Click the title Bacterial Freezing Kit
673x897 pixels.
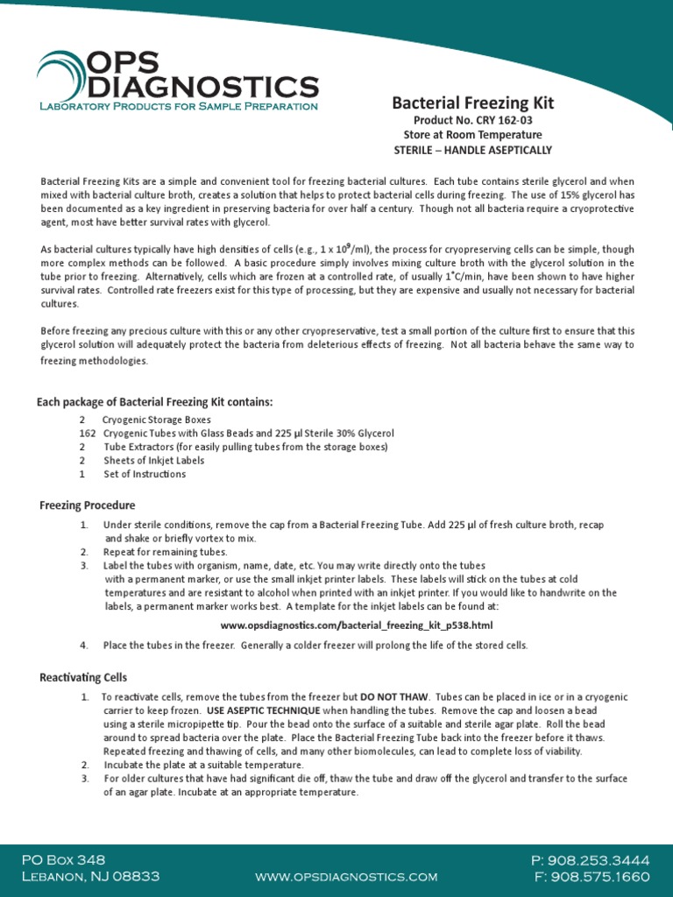(x=472, y=103)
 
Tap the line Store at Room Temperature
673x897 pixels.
(x=472, y=135)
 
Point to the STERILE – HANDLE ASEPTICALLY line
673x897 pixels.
(x=472, y=150)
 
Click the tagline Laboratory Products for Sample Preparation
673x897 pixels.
(x=179, y=106)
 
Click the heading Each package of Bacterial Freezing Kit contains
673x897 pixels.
(x=155, y=402)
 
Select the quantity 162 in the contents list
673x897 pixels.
(x=87, y=434)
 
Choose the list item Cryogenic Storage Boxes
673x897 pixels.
(x=156, y=420)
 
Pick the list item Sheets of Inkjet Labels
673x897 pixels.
(x=153, y=461)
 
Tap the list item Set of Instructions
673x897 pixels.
(x=145, y=474)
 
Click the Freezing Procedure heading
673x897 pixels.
(x=88, y=505)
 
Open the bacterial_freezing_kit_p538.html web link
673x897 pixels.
(x=357, y=625)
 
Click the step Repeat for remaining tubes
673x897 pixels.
(x=166, y=552)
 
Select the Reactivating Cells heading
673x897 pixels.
(x=83, y=677)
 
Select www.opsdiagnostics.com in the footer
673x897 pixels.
(x=346, y=877)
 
